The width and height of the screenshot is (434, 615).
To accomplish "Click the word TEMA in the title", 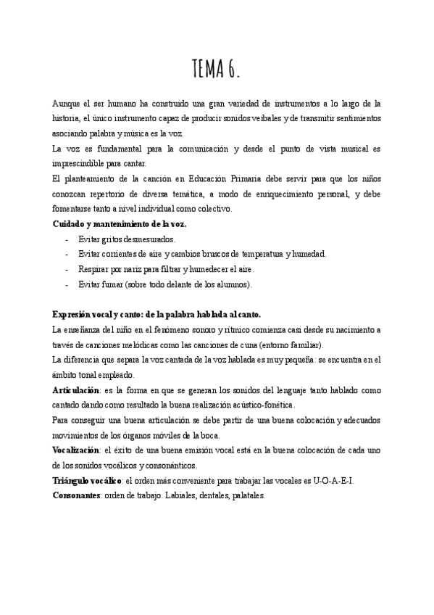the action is click(207, 70).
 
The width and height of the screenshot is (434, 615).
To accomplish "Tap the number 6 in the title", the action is click(232, 70).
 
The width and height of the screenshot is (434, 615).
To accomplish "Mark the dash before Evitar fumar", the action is click(67, 284).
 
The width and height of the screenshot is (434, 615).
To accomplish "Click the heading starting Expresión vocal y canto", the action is click(157, 314).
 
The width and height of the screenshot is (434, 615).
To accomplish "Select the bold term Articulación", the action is click(77, 389).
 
